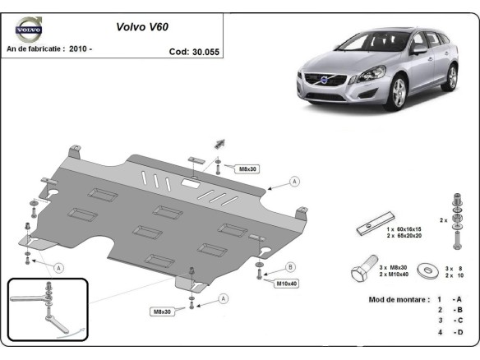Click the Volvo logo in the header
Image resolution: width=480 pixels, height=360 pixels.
28,30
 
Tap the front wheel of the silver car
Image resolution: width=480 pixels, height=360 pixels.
397,95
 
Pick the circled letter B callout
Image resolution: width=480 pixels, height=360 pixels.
289,266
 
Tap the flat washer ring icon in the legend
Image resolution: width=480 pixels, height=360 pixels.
427,269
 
